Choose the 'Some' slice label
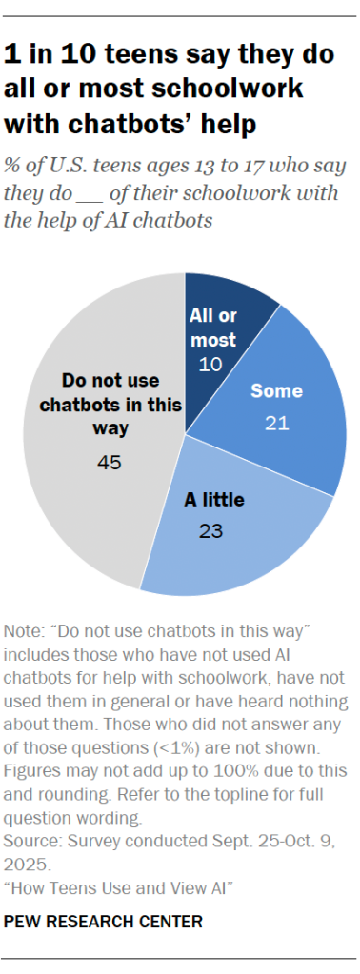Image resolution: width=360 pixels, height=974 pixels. tap(276, 390)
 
